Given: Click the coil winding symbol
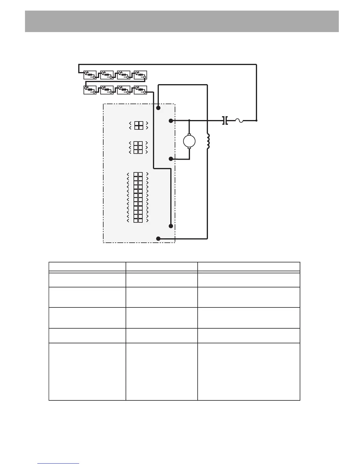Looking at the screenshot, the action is click(208, 142).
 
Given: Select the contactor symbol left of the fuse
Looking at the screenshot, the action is click(225, 120).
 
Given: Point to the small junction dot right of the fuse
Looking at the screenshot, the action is click(256, 120).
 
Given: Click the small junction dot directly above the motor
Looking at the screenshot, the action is click(189, 120).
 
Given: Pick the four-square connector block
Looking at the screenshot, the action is click(139, 125).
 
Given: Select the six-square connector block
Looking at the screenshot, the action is click(138, 147).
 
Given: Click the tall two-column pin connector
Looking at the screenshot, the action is click(138, 197).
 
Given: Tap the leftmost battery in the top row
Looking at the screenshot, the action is click(90, 75).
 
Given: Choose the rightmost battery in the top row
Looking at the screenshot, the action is click(140, 75).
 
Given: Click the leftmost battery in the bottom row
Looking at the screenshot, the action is click(90, 90).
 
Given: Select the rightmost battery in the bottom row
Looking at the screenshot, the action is click(140, 90).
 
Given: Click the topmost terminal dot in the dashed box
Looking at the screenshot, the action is click(158, 108).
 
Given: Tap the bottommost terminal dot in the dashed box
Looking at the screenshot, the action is click(158, 239).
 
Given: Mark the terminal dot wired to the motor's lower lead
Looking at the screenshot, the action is click(171, 159).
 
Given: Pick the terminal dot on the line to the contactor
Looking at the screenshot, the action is click(171, 121).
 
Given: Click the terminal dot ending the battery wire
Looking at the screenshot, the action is click(171, 226).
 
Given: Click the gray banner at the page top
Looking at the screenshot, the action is click(182, 21).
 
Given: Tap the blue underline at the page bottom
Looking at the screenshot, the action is click(58, 463).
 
